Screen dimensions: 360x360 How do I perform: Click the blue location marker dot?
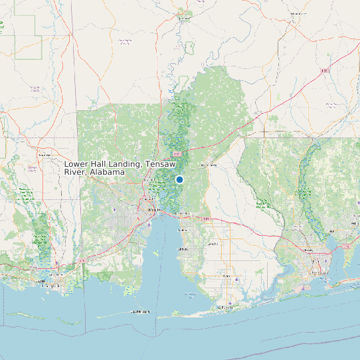point(179,179)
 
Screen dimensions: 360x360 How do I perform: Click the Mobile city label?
point(154,211)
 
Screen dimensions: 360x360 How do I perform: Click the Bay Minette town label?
point(208,164)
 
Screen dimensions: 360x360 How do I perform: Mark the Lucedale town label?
point(45,155)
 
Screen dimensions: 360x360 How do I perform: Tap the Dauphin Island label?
point(140,311)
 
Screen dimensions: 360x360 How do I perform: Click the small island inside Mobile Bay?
point(157,252)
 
